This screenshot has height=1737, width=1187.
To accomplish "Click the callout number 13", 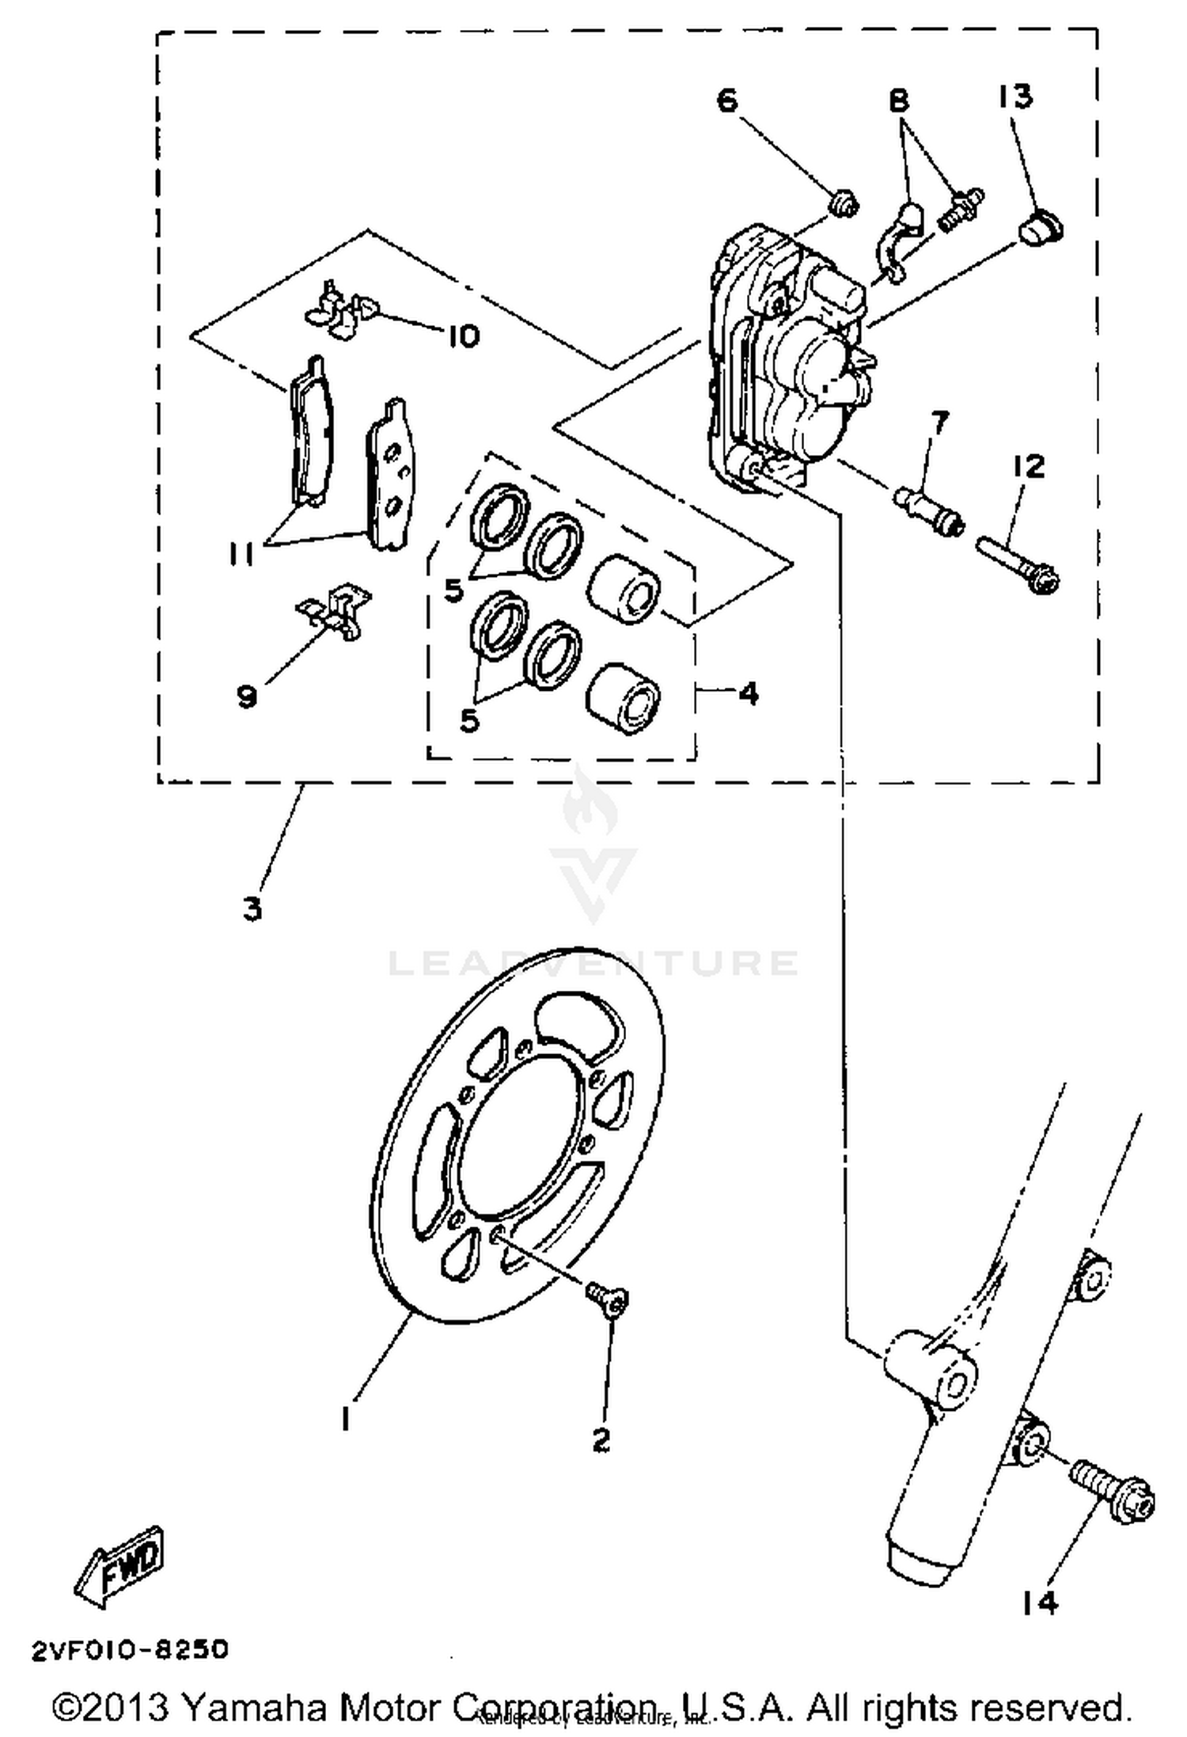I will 1015,97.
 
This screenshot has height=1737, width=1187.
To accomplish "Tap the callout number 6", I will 727,101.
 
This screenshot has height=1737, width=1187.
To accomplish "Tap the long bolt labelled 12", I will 1019,565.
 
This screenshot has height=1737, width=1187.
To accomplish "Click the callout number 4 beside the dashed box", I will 748,693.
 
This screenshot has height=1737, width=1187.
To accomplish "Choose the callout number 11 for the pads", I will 241,555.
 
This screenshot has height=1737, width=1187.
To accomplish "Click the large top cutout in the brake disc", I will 575,1026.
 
